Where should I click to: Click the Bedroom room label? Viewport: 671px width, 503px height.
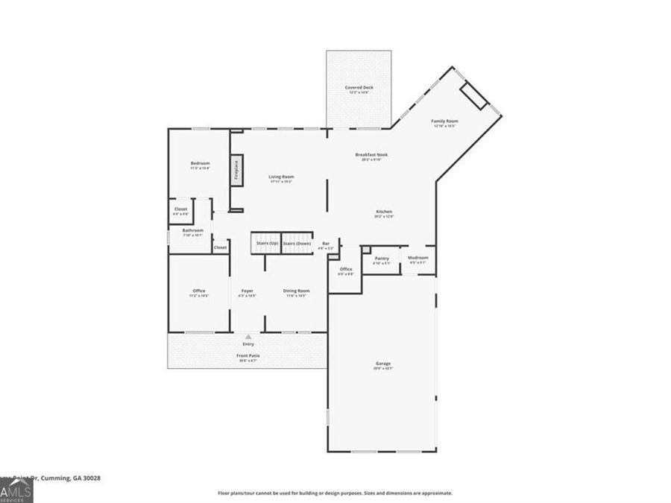pyautogui.click(x=200, y=163)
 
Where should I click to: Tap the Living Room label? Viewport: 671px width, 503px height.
pyautogui.click(x=281, y=177)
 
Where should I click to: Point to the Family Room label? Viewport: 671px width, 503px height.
pyautogui.click(x=445, y=121)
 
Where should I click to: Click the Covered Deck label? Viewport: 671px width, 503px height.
pyautogui.click(x=359, y=88)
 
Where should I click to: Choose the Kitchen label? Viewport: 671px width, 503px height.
pyautogui.click(x=383, y=212)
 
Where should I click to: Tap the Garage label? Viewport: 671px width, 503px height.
pyautogui.click(x=382, y=364)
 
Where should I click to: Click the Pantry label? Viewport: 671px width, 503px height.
pyautogui.click(x=382, y=259)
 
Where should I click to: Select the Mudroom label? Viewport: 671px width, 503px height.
pyautogui.click(x=418, y=258)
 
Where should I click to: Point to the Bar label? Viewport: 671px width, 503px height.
pyautogui.click(x=326, y=244)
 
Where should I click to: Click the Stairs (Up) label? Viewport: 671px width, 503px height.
pyautogui.click(x=267, y=244)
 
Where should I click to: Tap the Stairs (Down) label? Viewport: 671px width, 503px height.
pyautogui.click(x=297, y=244)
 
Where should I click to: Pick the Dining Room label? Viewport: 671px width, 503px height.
pyautogui.click(x=296, y=291)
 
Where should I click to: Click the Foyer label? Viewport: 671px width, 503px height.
pyautogui.click(x=247, y=291)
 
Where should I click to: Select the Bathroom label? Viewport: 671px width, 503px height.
pyautogui.click(x=192, y=231)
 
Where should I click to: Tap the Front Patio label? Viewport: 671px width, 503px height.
pyautogui.click(x=248, y=356)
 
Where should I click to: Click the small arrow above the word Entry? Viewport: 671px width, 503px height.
pyautogui.click(x=248, y=336)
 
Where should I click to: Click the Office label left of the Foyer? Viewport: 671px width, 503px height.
pyautogui.click(x=198, y=291)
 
